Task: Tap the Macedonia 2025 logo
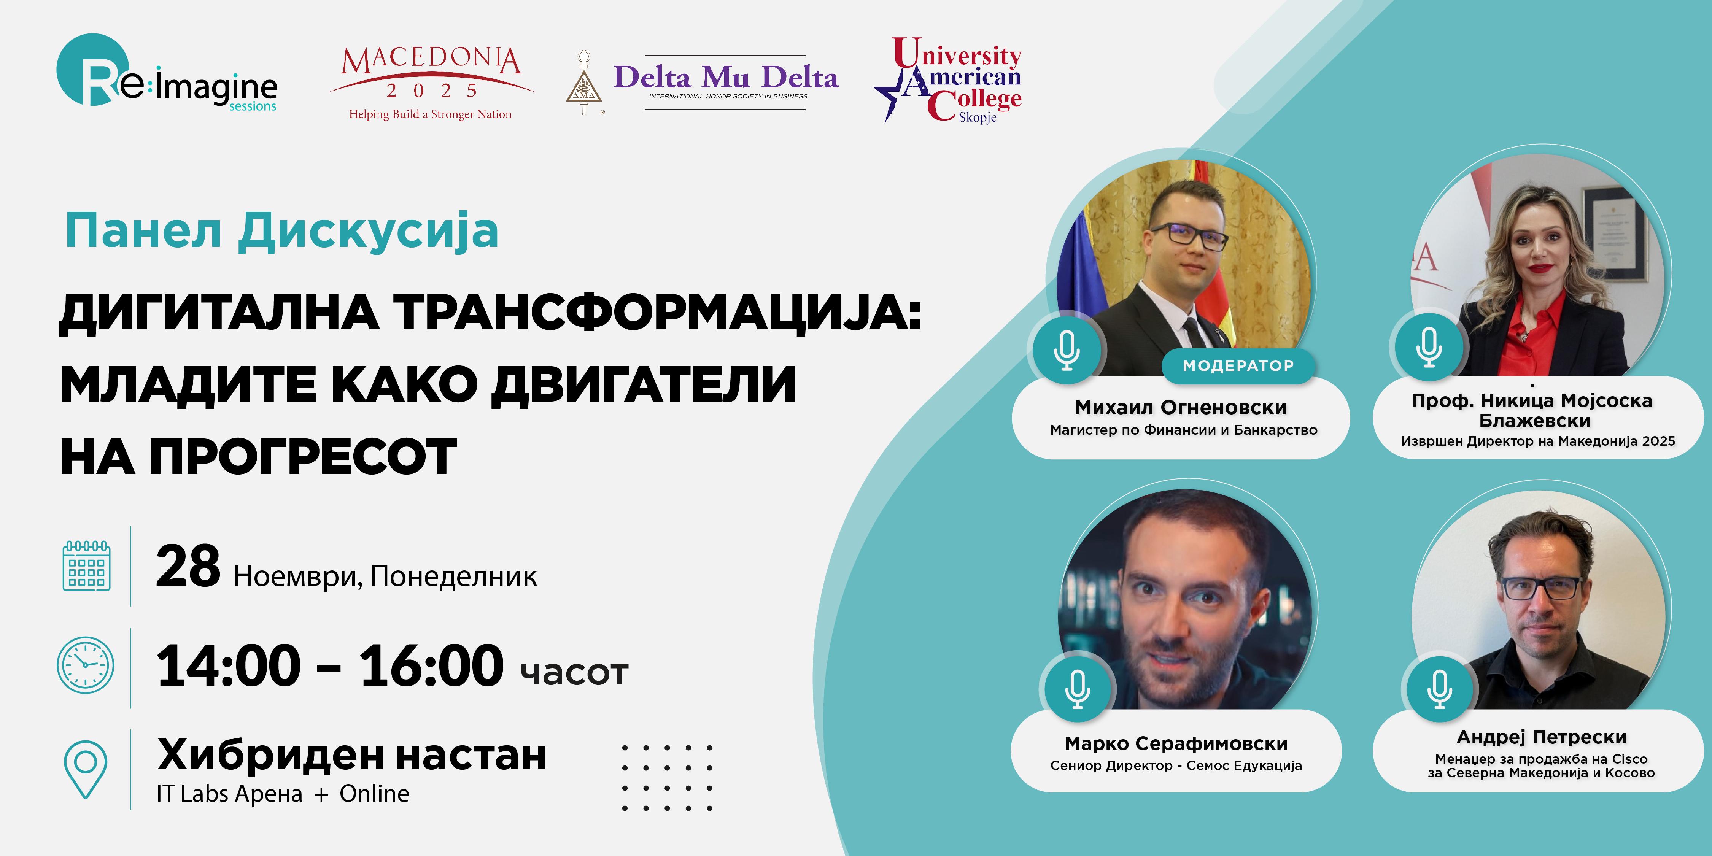[x=431, y=83]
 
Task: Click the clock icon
[x=86, y=665]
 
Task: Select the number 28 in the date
[x=188, y=566]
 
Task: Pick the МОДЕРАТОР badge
[x=1238, y=365]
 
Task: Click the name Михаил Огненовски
[x=1180, y=407]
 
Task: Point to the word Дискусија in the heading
[x=369, y=231]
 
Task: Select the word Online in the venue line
[x=374, y=794]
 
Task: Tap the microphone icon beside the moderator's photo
[x=1067, y=349]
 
